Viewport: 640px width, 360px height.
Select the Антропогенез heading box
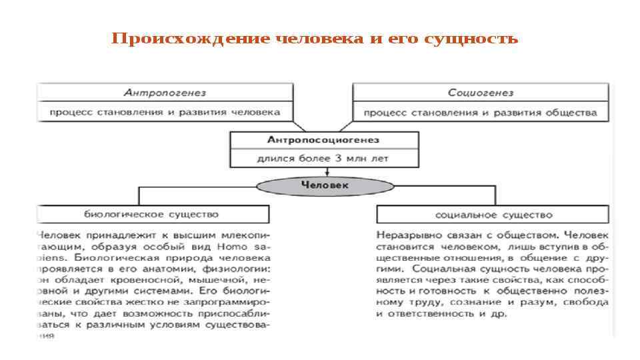(x=165, y=93)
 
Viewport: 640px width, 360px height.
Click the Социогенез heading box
(x=480, y=93)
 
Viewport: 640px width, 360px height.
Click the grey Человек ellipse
(x=325, y=185)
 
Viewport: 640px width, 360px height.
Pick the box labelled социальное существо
(x=493, y=215)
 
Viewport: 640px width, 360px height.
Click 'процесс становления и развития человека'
(x=165, y=112)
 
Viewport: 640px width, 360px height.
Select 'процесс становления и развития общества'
(x=480, y=112)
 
